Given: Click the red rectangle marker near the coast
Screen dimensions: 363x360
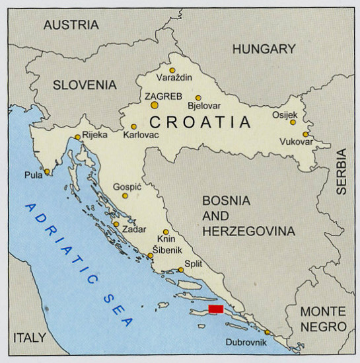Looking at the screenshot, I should point(215,309).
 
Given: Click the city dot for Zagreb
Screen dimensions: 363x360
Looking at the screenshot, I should point(155,104).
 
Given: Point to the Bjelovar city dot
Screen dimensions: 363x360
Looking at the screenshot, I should point(198,98).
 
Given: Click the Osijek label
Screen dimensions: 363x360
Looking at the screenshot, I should point(285,114).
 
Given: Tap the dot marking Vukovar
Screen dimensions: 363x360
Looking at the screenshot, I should point(305,134).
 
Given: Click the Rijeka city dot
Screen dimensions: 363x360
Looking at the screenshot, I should point(78,138).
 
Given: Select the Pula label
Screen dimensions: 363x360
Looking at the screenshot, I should point(33,175).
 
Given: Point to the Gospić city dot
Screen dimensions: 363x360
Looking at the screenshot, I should point(125,196).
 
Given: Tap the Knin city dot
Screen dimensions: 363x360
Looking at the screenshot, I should point(166,232).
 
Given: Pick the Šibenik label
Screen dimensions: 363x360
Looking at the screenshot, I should point(168,250).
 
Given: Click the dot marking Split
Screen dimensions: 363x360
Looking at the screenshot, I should point(181,270).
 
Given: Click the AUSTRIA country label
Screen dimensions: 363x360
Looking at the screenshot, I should point(71,25).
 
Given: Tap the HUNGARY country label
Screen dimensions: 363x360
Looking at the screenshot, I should point(264,49).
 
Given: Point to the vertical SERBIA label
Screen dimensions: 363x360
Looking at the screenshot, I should point(342,171).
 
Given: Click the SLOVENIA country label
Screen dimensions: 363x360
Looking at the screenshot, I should point(85,85).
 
